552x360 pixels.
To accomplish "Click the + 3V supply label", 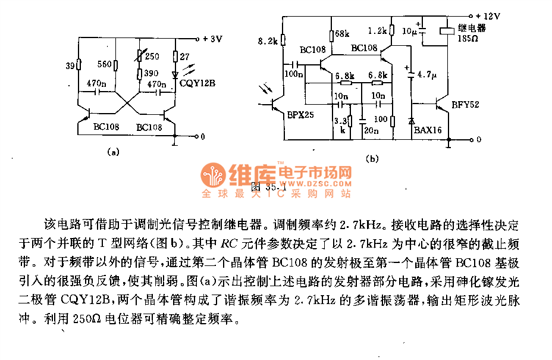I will [x=212, y=39].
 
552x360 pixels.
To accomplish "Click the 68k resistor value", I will [x=343, y=33].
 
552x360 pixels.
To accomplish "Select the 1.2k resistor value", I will [x=377, y=30].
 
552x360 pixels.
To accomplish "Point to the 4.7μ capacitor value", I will [x=427, y=76].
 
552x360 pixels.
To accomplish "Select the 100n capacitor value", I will [x=294, y=74].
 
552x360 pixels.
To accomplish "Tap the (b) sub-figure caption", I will [x=372, y=158].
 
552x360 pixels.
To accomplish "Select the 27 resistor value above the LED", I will [x=185, y=56].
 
